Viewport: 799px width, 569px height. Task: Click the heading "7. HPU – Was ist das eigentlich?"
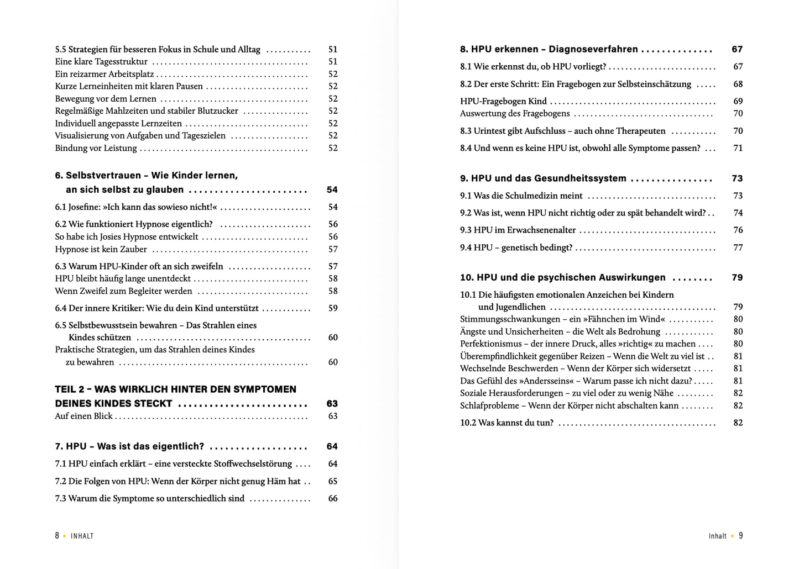click(129, 446)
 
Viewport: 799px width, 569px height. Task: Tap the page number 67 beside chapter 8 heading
click(737, 49)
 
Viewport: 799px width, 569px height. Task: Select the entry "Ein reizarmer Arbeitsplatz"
click(105, 74)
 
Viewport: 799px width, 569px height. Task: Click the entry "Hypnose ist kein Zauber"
click(101, 249)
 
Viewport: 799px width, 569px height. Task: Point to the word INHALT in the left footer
click(82, 536)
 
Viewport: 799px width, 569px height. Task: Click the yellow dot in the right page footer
click(733, 536)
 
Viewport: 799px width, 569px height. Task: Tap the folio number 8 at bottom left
click(57, 536)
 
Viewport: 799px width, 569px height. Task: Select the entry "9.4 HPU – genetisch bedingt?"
click(516, 247)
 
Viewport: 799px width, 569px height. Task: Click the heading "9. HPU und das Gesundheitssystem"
click(543, 178)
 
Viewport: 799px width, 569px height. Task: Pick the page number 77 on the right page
click(738, 247)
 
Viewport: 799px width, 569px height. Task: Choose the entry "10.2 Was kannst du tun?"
click(506, 423)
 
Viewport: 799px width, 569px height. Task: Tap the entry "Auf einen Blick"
click(83, 416)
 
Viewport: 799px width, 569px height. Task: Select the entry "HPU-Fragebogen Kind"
click(503, 101)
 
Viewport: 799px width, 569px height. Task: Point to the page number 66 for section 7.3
click(333, 498)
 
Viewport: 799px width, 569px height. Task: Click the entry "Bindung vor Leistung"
click(96, 148)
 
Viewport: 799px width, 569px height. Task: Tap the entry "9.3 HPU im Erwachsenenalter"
click(518, 230)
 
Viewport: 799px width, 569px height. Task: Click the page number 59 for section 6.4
click(333, 308)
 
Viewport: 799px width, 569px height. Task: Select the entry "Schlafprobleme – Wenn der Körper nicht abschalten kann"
click(569, 405)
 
